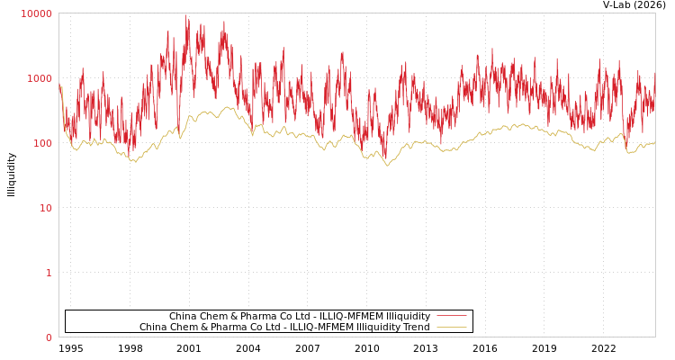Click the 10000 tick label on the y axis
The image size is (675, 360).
click(37, 13)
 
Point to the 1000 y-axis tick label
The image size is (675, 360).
click(40, 78)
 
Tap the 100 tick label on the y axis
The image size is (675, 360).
click(41, 143)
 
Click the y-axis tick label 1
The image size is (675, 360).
click(49, 273)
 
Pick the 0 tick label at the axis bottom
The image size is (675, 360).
click(49, 337)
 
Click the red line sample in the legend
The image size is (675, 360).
click(451, 316)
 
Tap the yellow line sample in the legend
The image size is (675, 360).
click(451, 327)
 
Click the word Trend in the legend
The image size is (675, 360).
click(414, 327)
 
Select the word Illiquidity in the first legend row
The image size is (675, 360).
click(408, 316)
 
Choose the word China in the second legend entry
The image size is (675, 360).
click(154, 327)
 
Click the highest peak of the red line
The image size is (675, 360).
click(186, 15)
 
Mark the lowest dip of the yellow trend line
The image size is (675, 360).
click(388, 165)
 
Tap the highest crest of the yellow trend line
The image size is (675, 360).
click(229, 108)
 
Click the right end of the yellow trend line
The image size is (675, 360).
click(654, 142)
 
